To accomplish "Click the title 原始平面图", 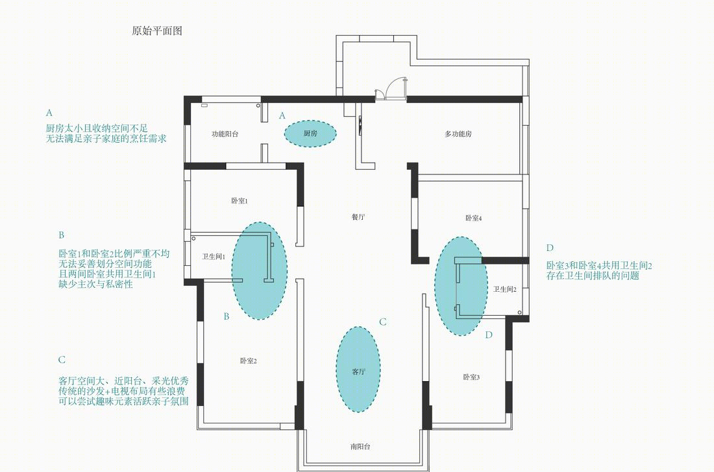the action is pos(156,31).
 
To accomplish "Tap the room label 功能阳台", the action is pos(225,134).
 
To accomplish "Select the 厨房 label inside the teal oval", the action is pos(310,133).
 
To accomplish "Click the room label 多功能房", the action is pos(458,134).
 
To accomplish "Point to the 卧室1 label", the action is pos(239,201).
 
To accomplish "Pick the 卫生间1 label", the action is pos(214,257).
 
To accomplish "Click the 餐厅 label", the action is pos(358,217).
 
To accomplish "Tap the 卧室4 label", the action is pos(474,218).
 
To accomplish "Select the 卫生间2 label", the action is pos(505,289).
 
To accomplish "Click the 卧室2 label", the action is pos(249,361).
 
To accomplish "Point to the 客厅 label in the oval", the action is pos(358,372).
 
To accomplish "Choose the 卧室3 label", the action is pos(471,377).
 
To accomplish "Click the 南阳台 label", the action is pos(360,447).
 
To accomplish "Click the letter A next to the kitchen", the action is pos(282,115).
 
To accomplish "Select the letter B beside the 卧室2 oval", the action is pos(227,316).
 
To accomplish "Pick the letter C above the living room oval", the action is pos(383,322).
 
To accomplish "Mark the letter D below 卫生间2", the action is pos(489,335).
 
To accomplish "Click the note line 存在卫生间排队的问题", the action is pos(593,276).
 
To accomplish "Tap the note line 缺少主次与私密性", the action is pos(95,284).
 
